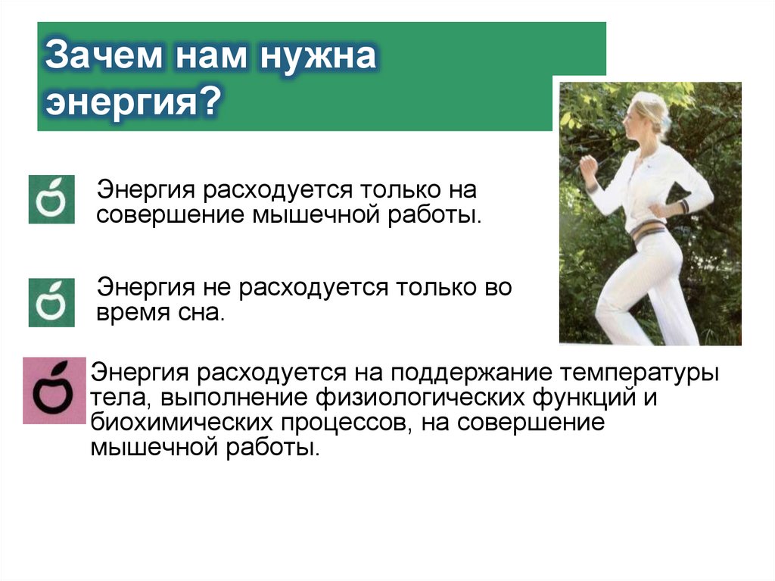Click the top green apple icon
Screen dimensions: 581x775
(x=51, y=199)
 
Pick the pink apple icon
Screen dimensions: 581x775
(x=54, y=390)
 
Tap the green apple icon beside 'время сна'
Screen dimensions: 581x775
(x=51, y=302)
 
